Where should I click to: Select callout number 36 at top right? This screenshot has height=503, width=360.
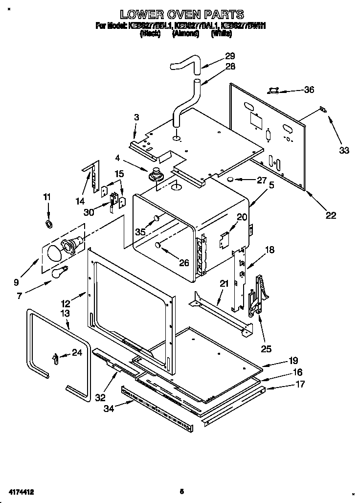coord(309,90)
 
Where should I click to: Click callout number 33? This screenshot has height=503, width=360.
coord(344,150)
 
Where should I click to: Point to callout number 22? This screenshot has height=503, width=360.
coord(331,214)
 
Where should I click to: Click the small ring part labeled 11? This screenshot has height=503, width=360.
coord(48,224)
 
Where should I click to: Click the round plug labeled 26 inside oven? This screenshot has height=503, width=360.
coord(158,246)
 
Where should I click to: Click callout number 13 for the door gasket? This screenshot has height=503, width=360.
coord(65,313)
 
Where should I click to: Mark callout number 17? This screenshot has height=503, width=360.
coord(300,384)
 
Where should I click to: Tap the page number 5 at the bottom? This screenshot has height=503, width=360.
coord(181,491)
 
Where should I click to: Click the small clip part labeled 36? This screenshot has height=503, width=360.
coord(273,91)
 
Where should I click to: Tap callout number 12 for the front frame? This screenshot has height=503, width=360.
coord(66,303)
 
